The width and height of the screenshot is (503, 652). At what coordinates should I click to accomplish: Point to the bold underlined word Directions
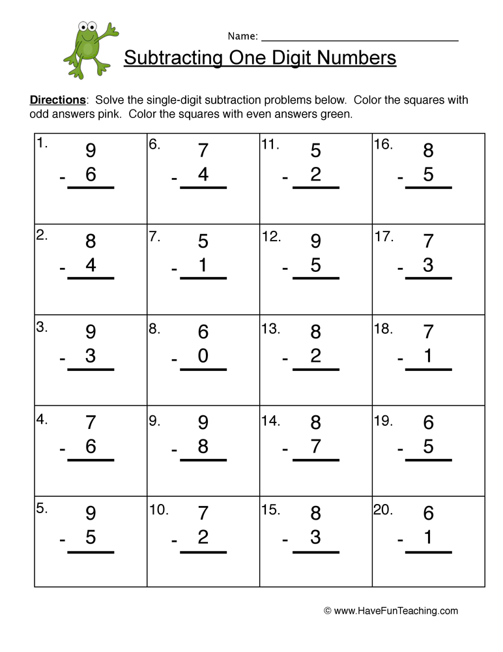click(58, 100)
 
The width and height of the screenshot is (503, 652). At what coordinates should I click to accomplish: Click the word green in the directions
click(337, 115)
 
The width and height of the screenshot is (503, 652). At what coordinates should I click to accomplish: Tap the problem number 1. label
click(42, 144)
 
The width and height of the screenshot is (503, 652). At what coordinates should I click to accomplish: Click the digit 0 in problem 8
click(203, 357)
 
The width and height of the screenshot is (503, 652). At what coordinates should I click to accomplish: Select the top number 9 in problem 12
click(316, 242)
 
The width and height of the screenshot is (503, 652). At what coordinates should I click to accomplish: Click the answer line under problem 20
click(429, 552)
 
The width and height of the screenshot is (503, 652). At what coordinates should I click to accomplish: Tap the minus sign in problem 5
click(62, 540)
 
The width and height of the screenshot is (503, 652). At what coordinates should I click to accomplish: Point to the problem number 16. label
click(383, 144)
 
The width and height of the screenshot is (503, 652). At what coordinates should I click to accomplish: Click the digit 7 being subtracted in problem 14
click(316, 447)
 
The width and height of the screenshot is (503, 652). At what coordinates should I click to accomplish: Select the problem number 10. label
click(159, 510)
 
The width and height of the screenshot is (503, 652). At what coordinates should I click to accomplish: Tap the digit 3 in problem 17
click(429, 265)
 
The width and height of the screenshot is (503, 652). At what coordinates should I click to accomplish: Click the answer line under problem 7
click(203, 278)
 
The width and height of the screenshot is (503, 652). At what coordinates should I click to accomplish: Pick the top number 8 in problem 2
click(91, 242)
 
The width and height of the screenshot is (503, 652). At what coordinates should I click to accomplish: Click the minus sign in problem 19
click(400, 449)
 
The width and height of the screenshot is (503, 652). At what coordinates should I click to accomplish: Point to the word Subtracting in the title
click(173, 58)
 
